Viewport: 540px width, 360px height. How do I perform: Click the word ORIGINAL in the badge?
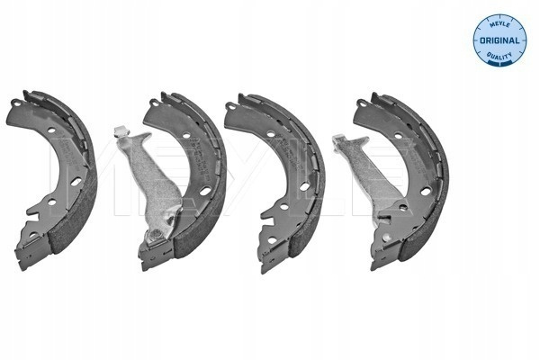coord(499,40)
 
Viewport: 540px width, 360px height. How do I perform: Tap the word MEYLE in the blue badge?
coord(499,24)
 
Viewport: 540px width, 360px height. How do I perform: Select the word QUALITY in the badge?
coord(499,55)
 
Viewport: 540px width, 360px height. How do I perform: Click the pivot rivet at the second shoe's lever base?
coord(156,235)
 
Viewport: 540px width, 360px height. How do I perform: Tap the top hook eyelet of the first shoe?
coord(15,103)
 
